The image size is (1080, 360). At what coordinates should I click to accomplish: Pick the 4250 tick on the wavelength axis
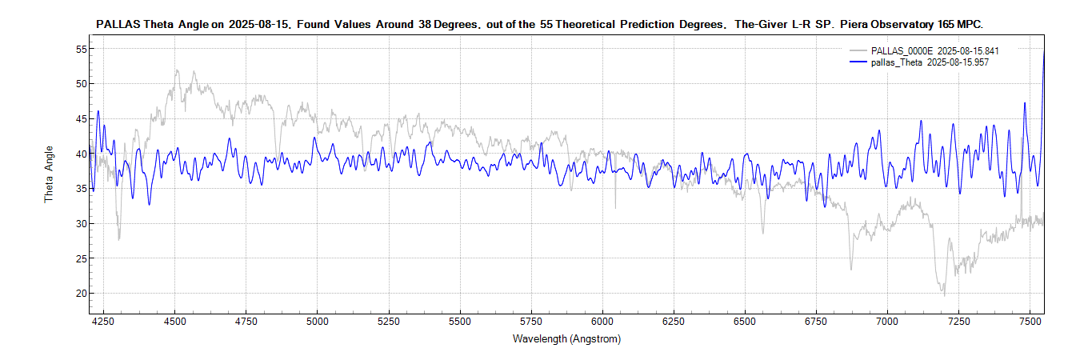pyautogui.click(x=104, y=321)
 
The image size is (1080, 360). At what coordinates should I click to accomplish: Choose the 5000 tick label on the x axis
pyautogui.click(x=318, y=321)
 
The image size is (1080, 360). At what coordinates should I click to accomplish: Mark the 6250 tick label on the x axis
pyautogui.click(x=674, y=321)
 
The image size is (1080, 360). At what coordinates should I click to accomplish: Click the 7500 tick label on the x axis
pyautogui.click(x=1030, y=321)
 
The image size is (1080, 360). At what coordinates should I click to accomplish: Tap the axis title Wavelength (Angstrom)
pyautogui.click(x=566, y=338)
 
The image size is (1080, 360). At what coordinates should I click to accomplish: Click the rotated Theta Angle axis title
pyautogui.click(x=49, y=174)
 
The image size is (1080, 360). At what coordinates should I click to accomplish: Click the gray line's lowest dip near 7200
pyautogui.click(x=944, y=295)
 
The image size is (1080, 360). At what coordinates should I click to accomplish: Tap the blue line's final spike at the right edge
pyautogui.click(x=1043, y=52)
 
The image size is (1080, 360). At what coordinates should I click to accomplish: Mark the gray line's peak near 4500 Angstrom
pyautogui.click(x=175, y=70)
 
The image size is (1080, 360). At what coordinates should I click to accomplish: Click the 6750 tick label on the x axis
pyautogui.click(x=816, y=321)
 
